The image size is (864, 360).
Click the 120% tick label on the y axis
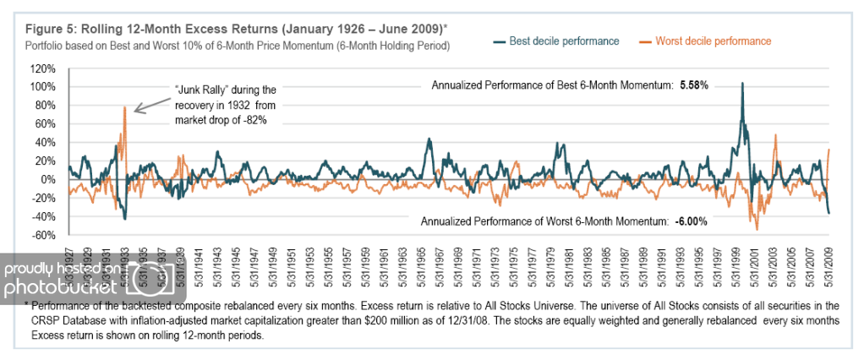43,68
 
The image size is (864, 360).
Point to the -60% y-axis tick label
44,235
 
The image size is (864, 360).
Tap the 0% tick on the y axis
49,179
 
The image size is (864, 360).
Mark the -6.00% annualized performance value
691,221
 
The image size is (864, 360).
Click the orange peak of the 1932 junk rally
124,106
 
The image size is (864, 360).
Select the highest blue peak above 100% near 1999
742,84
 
